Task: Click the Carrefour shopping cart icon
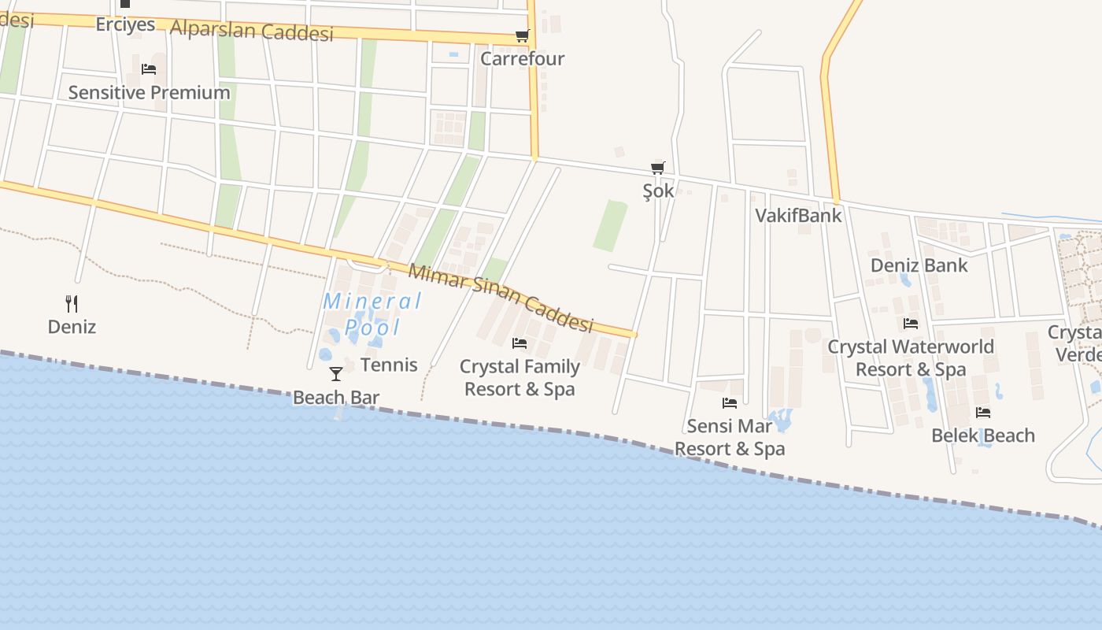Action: tap(522, 35)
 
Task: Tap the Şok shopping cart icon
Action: tap(658, 168)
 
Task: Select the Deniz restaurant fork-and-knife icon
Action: tap(72, 303)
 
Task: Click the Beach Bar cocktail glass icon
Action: tap(336, 373)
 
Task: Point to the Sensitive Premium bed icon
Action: tap(149, 69)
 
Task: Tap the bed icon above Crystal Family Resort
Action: tap(520, 343)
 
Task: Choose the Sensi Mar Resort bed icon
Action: tap(730, 403)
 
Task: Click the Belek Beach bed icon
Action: tap(983, 412)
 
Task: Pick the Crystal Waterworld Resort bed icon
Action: tap(911, 324)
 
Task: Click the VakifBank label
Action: tap(798, 215)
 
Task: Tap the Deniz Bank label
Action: tap(919, 265)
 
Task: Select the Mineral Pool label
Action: tap(372, 313)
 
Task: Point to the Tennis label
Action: tap(389, 365)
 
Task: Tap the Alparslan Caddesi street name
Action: tap(252, 30)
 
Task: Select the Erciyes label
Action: tap(125, 24)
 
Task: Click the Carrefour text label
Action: tap(523, 58)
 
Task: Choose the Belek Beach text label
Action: tap(983, 435)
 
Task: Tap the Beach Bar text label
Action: tap(336, 398)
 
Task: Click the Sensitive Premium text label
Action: tap(149, 92)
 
